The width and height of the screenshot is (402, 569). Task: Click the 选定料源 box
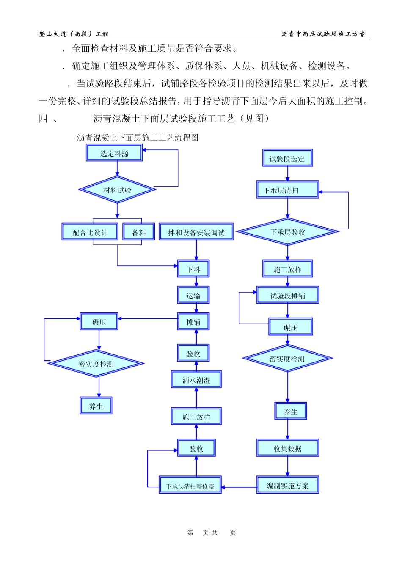click(114, 153)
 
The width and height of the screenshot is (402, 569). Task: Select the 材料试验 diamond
click(117, 190)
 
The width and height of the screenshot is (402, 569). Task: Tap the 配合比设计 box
click(90, 232)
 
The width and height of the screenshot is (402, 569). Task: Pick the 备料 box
click(138, 232)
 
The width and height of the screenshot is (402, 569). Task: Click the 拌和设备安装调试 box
click(196, 232)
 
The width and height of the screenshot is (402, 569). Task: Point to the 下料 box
click(193, 269)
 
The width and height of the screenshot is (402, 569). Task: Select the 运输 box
click(193, 296)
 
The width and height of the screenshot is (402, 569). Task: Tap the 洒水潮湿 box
click(196, 380)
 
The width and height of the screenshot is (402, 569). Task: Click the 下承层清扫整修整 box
click(190, 486)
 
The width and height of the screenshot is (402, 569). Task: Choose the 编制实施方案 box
click(287, 486)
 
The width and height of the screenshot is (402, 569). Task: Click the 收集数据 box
click(287, 448)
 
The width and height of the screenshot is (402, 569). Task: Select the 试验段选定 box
click(287, 159)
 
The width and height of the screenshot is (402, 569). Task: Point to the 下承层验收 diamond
click(287, 232)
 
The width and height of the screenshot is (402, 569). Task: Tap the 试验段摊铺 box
click(287, 296)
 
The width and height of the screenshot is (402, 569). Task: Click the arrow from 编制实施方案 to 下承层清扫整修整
click(239, 487)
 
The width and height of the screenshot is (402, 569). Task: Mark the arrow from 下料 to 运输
click(196, 282)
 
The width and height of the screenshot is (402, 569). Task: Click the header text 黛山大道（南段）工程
click(74, 34)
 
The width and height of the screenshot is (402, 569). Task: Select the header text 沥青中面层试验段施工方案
click(323, 34)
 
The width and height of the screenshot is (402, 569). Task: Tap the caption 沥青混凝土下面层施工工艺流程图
click(138, 138)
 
